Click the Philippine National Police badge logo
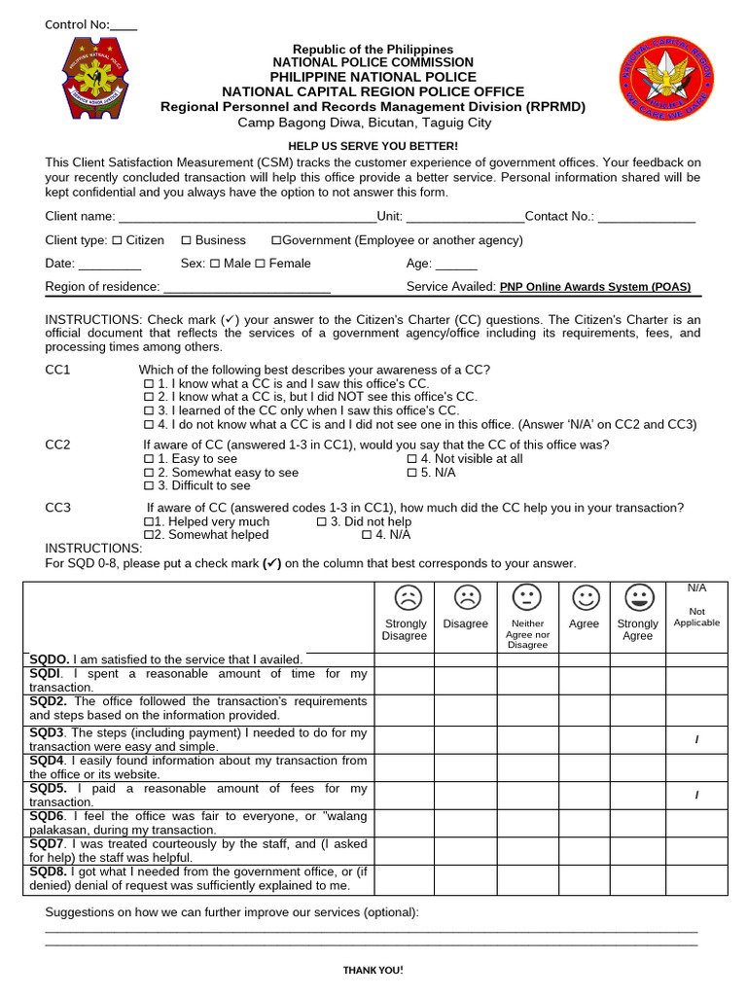[88, 79]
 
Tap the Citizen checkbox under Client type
[117, 240]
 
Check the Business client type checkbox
[186, 240]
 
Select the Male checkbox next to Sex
[215, 264]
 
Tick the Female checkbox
[260, 264]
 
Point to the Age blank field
[456, 265]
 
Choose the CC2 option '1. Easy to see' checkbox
[149, 459]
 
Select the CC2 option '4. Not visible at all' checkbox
[411, 459]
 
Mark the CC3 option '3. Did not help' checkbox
[322, 522]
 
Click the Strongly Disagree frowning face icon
[405, 596]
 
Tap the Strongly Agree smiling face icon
[637, 596]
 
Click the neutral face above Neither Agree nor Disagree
[526, 596]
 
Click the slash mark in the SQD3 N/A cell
[696, 740]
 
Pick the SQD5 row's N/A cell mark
[696, 796]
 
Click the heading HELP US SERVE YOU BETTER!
[373, 146]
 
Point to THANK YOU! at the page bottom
[373, 971]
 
